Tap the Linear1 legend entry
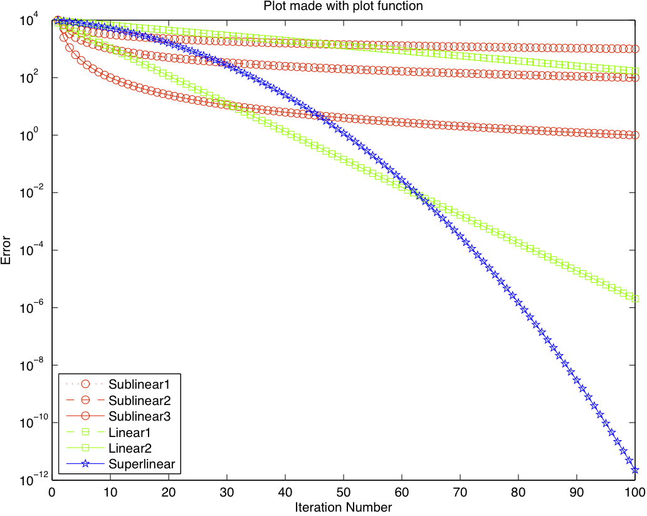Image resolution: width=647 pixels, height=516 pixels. (x=129, y=432)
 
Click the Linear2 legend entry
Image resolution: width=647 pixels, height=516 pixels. (x=129, y=448)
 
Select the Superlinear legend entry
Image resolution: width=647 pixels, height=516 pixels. (x=140, y=465)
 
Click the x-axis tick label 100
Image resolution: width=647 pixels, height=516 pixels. (x=634, y=493)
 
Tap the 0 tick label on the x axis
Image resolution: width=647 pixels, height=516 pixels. (x=52, y=493)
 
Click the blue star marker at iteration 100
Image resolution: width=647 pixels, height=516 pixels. (x=635, y=470)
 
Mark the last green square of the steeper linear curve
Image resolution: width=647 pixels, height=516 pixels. (x=635, y=298)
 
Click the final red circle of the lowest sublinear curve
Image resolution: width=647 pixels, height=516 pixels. (x=635, y=135)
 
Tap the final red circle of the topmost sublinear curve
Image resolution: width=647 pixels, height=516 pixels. (x=635, y=48)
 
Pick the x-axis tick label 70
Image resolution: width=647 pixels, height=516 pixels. (x=460, y=493)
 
